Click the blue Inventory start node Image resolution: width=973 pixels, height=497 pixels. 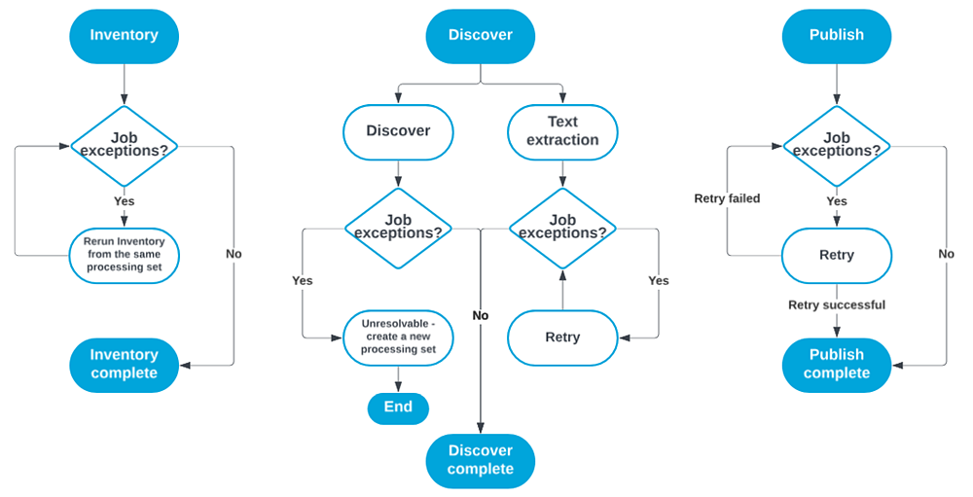click(x=124, y=35)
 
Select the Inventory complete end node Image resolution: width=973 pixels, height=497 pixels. click(x=124, y=365)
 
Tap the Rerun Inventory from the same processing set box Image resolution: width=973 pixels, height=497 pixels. click(x=124, y=256)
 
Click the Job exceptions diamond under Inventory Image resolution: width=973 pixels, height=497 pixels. click(x=124, y=146)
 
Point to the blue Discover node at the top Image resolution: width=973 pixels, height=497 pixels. click(x=480, y=35)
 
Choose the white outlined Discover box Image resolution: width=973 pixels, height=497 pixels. click(x=398, y=131)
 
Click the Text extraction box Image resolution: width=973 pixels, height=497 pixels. click(x=562, y=131)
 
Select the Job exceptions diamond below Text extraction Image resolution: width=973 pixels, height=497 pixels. click(x=562, y=228)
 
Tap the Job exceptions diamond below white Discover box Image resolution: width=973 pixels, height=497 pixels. click(x=398, y=228)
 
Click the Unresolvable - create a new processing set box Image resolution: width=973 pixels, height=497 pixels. click(x=398, y=337)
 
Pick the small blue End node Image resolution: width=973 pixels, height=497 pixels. click(x=398, y=408)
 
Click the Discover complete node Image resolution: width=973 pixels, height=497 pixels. click(x=480, y=460)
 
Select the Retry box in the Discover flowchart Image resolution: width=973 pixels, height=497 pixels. click(x=562, y=337)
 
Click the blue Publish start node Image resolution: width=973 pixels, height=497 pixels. click(x=836, y=35)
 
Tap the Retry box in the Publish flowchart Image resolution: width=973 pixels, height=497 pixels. click(x=836, y=256)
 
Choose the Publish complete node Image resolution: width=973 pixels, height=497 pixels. click(x=836, y=365)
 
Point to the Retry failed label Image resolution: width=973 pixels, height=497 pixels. click(x=727, y=198)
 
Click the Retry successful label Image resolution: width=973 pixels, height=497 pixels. click(x=836, y=305)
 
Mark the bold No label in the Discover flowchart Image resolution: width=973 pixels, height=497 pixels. click(x=480, y=316)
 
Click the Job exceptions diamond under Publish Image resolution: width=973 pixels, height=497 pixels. click(x=836, y=146)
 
